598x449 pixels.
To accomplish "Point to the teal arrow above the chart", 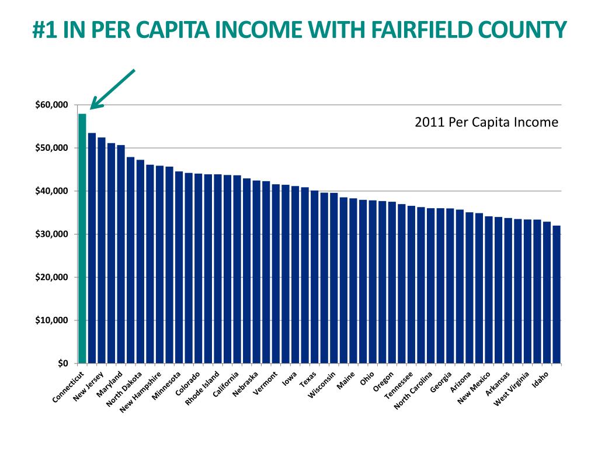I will pos(113,89).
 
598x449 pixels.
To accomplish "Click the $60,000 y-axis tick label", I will pos(52,105).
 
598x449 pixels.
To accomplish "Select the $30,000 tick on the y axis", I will pos(52,234).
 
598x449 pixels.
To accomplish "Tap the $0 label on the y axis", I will pos(63,363).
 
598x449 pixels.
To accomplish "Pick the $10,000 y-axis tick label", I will pos(52,320).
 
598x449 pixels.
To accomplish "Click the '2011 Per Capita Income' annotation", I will pos(486,123).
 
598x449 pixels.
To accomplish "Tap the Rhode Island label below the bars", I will pos(203,388).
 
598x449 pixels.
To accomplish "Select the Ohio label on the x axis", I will pos(367,378).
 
